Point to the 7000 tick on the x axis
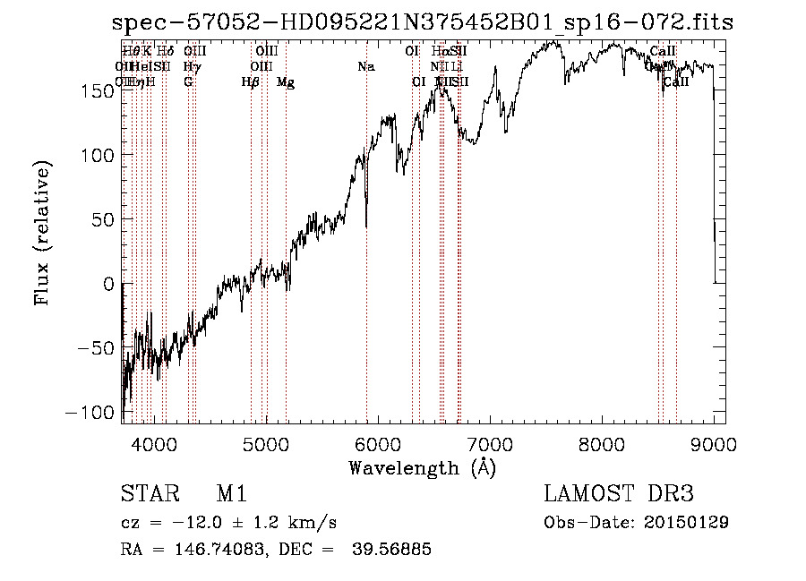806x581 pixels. (x=490, y=443)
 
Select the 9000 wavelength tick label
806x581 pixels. (x=715, y=443)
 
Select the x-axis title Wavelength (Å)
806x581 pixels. (x=422, y=467)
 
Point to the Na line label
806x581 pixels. (x=366, y=66)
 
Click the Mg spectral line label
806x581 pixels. (x=286, y=82)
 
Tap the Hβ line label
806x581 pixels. (x=251, y=82)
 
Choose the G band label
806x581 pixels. (x=188, y=82)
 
